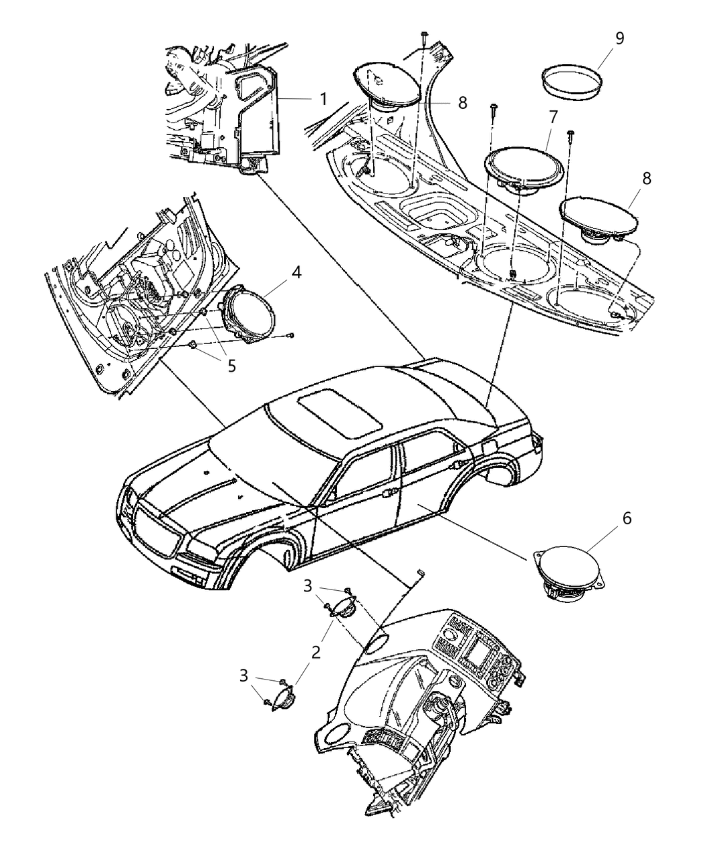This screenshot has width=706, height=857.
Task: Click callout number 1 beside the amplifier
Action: [323, 99]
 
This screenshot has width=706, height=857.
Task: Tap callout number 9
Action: [619, 38]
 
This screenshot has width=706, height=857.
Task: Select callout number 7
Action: [552, 117]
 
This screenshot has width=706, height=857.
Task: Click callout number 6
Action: [627, 518]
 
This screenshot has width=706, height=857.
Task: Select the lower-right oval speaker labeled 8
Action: [598, 218]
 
